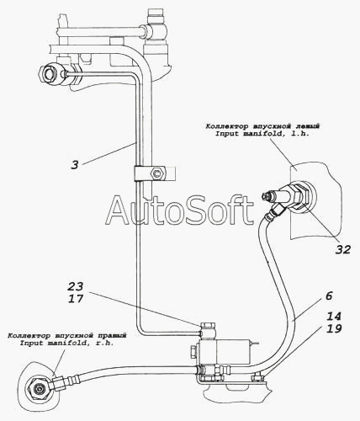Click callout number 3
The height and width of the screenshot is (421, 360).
coord(74,165)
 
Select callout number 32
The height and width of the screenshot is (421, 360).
coord(343,249)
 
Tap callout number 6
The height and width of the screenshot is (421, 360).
coord(329,296)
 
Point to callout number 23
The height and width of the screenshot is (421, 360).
coord(76,286)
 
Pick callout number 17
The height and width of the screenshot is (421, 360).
coord(76,298)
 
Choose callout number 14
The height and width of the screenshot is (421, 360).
coord(334,317)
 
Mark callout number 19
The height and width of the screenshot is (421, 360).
coord(334,328)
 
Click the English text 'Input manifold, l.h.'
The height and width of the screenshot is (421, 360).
coord(262,134)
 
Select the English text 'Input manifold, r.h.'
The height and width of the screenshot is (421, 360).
coord(66,343)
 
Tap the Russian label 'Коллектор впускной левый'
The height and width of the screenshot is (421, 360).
coord(262,126)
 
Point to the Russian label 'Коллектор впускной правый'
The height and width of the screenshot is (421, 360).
coord(67,335)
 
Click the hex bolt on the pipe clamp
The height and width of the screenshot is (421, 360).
coord(156,174)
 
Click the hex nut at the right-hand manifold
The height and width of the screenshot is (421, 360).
coord(37,389)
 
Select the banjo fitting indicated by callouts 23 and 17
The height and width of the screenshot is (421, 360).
coord(208,331)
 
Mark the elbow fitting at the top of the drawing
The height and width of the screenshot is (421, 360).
coord(155,32)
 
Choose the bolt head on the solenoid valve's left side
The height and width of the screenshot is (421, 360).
coord(193,351)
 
